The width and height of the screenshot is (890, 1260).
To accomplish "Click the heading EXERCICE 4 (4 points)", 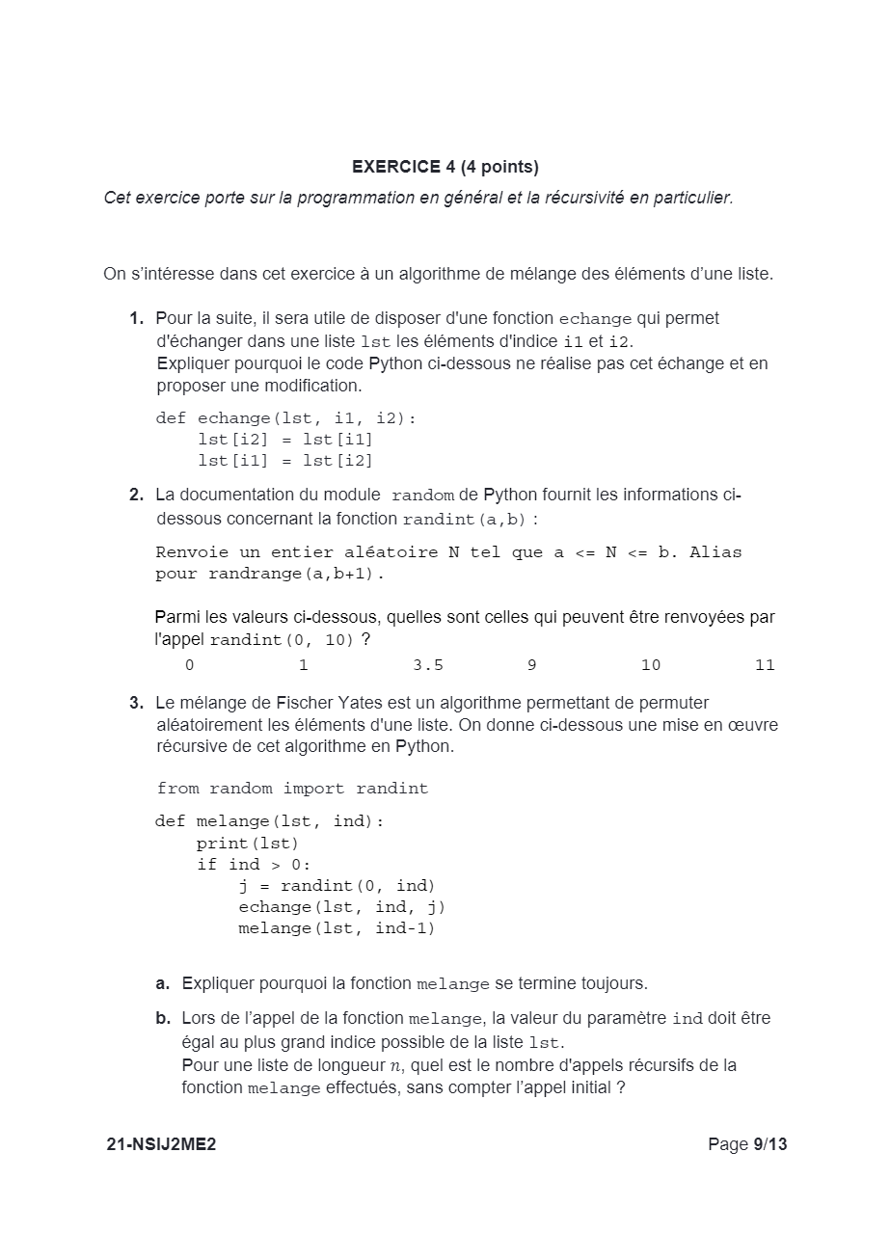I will point(445,167).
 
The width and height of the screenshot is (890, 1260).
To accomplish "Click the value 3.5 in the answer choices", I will point(427,665).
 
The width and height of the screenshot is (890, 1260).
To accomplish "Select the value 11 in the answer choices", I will point(765,665).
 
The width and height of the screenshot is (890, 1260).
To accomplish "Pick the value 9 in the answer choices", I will point(532,665).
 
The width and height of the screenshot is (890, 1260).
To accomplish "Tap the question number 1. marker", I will point(137,318).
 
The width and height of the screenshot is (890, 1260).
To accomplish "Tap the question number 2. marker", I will point(137,495).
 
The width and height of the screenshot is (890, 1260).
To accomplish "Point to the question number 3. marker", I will point(137,703).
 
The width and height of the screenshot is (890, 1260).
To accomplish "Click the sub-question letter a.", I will point(162,983).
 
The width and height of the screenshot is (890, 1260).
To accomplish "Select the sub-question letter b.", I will point(162,1018).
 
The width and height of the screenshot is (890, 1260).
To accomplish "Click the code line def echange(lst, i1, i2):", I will point(285,418).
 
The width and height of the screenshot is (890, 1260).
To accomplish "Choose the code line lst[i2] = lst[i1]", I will point(284,440).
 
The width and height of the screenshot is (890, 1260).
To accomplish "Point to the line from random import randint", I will point(292,789).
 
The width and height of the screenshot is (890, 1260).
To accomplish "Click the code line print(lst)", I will point(247,844).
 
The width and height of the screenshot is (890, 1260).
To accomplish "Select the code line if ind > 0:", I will point(254,865).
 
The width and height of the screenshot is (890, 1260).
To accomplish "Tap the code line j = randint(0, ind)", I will point(337,886).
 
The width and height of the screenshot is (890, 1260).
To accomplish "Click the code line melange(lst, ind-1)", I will point(337,928).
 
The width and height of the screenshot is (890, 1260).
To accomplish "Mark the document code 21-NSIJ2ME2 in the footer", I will point(161,1144).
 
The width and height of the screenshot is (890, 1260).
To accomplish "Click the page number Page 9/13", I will point(747,1144).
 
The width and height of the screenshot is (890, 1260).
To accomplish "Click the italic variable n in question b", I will point(393,1065).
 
